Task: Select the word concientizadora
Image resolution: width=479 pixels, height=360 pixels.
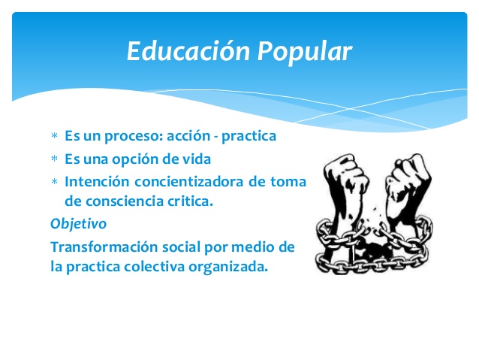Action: click(x=195, y=181)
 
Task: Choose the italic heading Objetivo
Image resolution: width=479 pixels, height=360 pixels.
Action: click(x=78, y=223)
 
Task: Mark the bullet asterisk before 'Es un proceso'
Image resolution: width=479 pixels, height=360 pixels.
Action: click(x=54, y=138)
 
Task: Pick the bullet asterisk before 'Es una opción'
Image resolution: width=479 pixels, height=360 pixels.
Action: click(x=54, y=160)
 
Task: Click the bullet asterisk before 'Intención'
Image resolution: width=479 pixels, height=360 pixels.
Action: click(x=54, y=182)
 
